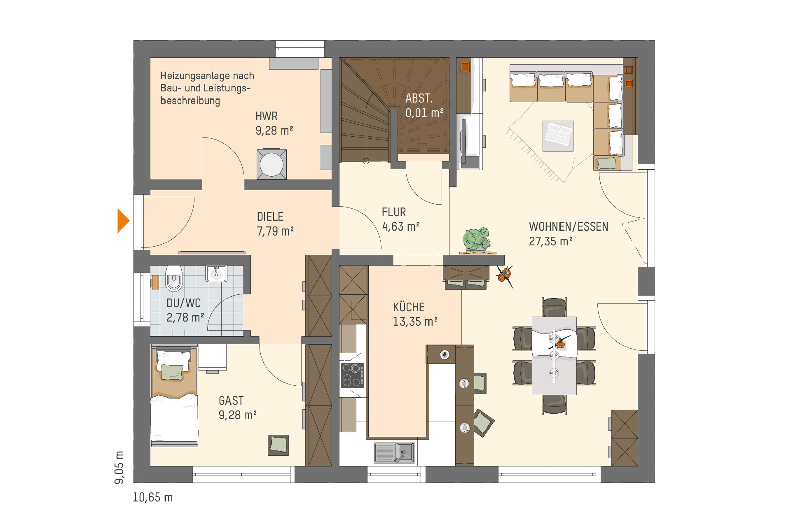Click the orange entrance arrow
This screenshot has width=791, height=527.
(123, 221)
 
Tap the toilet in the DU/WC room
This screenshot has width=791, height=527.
(174, 278)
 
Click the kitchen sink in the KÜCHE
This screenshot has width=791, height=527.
(394, 452)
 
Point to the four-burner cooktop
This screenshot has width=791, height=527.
(352, 375)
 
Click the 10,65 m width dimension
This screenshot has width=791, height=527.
(153, 497)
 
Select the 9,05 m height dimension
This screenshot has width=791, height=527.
(119, 467)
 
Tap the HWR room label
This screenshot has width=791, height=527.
(267, 116)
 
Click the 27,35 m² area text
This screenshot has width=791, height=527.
(551, 241)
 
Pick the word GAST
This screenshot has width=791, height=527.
(231, 401)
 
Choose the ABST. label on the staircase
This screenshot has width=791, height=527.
(419, 98)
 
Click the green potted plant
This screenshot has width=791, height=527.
(477, 239)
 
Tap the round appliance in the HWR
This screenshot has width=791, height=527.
(271, 164)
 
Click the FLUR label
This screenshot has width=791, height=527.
(394, 212)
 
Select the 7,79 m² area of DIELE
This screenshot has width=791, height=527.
(275, 231)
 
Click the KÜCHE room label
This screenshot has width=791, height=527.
(409, 307)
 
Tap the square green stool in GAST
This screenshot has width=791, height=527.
(278, 445)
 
